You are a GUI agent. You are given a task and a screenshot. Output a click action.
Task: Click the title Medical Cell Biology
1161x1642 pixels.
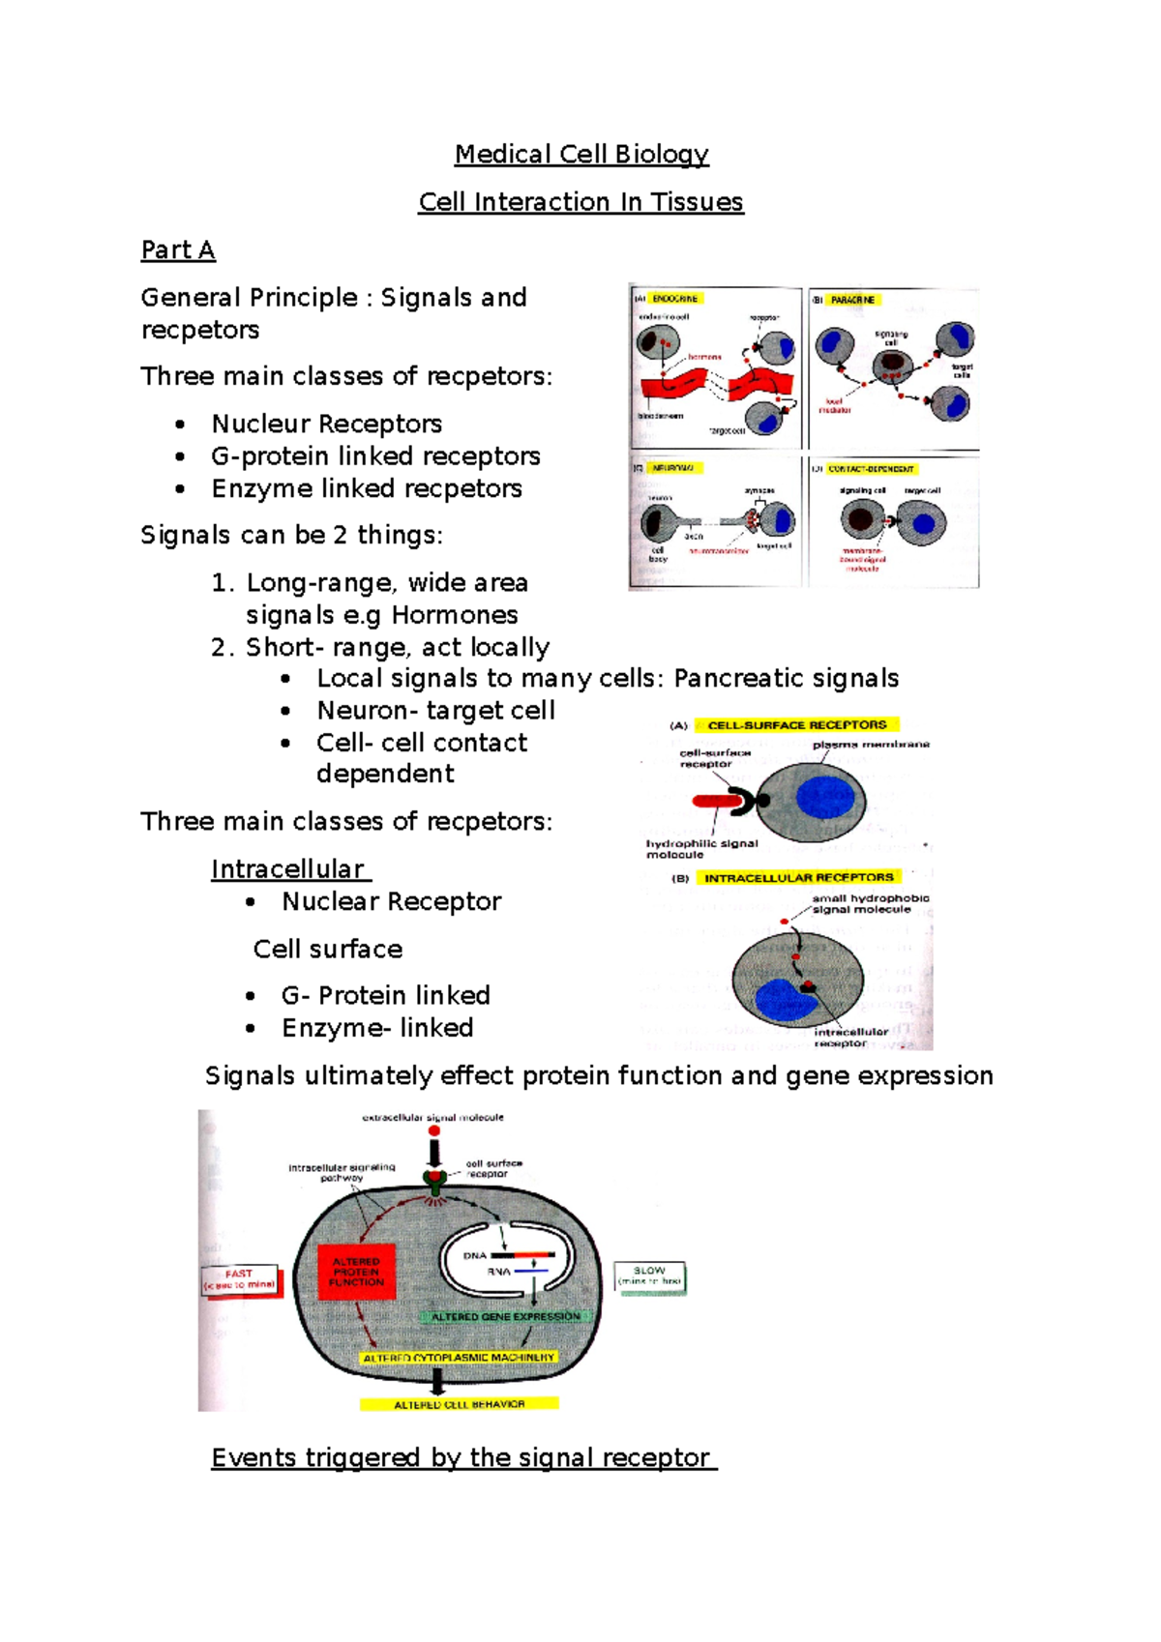[x=581, y=154]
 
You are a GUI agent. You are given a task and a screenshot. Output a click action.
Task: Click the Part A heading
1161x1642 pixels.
[x=178, y=249]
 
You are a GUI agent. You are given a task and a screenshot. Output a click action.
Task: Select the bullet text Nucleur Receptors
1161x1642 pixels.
[x=326, y=424]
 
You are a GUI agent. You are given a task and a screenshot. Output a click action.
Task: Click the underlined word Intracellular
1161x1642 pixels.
[x=288, y=869]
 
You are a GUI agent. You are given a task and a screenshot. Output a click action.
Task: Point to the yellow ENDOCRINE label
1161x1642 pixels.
[x=674, y=299]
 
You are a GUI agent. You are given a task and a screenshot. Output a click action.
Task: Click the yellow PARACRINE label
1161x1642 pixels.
[x=851, y=300]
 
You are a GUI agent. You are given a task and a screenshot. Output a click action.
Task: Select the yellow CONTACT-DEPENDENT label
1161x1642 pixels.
[x=870, y=469]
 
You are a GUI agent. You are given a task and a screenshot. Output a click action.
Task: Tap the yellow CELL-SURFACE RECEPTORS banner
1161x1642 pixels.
[x=796, y=724]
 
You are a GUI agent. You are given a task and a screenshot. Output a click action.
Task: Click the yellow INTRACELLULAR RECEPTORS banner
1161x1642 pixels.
[x=798, y=877]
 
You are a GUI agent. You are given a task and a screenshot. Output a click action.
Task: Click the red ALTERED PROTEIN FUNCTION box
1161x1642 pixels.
[x=356, y=1272]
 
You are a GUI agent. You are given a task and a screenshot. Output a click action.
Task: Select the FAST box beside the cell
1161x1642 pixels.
[x=239, y=1279]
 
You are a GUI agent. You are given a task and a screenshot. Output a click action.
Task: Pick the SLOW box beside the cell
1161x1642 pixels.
[x=649, y=1275]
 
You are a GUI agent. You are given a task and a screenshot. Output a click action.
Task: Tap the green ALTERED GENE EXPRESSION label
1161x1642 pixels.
[x=505, y=1316]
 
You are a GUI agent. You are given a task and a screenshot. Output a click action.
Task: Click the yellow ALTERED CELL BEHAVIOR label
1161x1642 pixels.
[x=459, y=1404]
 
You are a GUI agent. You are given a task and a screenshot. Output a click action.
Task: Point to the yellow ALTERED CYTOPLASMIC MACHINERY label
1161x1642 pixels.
[x=459, y=1358]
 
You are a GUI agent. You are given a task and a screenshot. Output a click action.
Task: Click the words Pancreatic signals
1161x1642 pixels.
[x=786, y=679]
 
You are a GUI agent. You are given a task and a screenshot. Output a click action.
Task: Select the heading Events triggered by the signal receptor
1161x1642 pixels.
[x=462, y=1457]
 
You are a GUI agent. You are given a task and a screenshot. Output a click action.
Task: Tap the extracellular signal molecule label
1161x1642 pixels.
[x=432, y=1118]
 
